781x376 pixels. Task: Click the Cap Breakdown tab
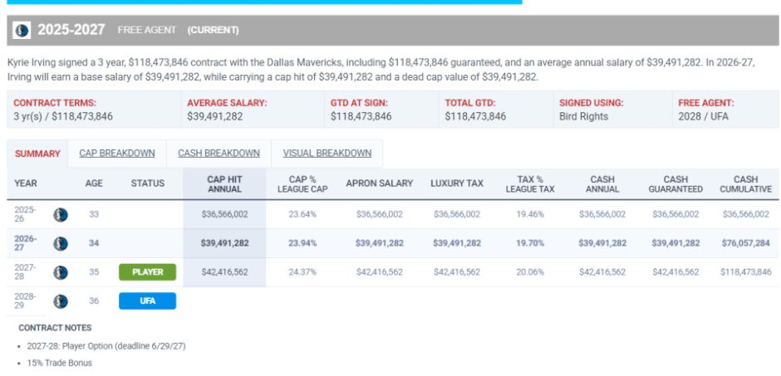[x=116, y=154]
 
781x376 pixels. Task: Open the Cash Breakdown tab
[x=219, y=154]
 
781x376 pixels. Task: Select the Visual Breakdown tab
[x=327, y=154]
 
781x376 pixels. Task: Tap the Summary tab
[x=37, y=154]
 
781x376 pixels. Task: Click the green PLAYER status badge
[x=147, y=272]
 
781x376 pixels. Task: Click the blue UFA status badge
[x=147, y=301]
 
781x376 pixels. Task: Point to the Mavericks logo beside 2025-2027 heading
[x=22, y=30]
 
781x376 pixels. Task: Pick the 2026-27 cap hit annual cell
[x=224, y=243]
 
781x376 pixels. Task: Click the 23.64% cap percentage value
[x=302, y=214]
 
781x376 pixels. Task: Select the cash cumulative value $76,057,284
[x=745, y=243]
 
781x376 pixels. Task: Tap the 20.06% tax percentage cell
[x=530, y=272]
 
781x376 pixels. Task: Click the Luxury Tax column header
[x=457, y=183]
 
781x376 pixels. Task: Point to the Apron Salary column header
[x=379, y=183]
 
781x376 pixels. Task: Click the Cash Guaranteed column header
[x=675, y=184]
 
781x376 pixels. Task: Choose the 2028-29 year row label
[x=25, y=301]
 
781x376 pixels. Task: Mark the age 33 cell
[x=94, y=214]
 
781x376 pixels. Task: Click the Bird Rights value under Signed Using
[x=584, y=117]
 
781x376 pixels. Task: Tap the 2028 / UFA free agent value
[x=703, y=117]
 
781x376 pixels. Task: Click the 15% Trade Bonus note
[x=59, y=363]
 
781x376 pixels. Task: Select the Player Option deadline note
[x=106, y=346]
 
